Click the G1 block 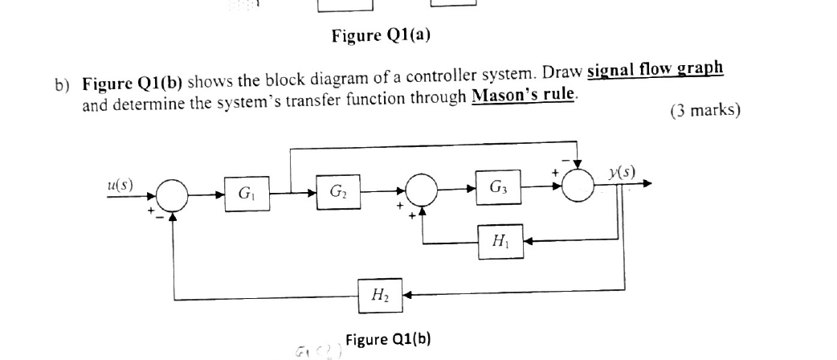pyautogui.click(x=244, y=193)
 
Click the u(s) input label pyautogui.click(x=120, y=184)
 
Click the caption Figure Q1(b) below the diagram pyautogui.click(x=388, y=338)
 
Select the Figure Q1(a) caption pyautogui.click(x=386, y=35)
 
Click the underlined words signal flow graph pyautogui.click(x=655, y=70)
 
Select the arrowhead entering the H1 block pyautogui.click(x=529, y=240)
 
